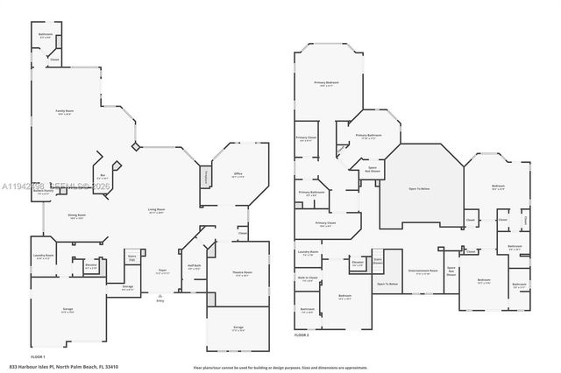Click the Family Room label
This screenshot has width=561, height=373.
coord(64,111)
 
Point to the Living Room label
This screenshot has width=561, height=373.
coord(156,210)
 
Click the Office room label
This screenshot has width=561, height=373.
coord(238,174)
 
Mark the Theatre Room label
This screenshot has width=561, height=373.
coord(242,272)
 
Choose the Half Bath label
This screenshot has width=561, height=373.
coord(195,265)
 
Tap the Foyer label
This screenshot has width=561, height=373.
coord(162,271)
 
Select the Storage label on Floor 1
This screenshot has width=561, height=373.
coord(127,286)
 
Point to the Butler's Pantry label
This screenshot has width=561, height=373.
coord(43,191)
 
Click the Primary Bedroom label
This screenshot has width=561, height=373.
coord(327,83)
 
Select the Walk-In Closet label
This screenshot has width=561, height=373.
coord(308,279)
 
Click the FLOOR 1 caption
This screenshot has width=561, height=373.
coord(38,356)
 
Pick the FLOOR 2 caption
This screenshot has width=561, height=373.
coord(302,335)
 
